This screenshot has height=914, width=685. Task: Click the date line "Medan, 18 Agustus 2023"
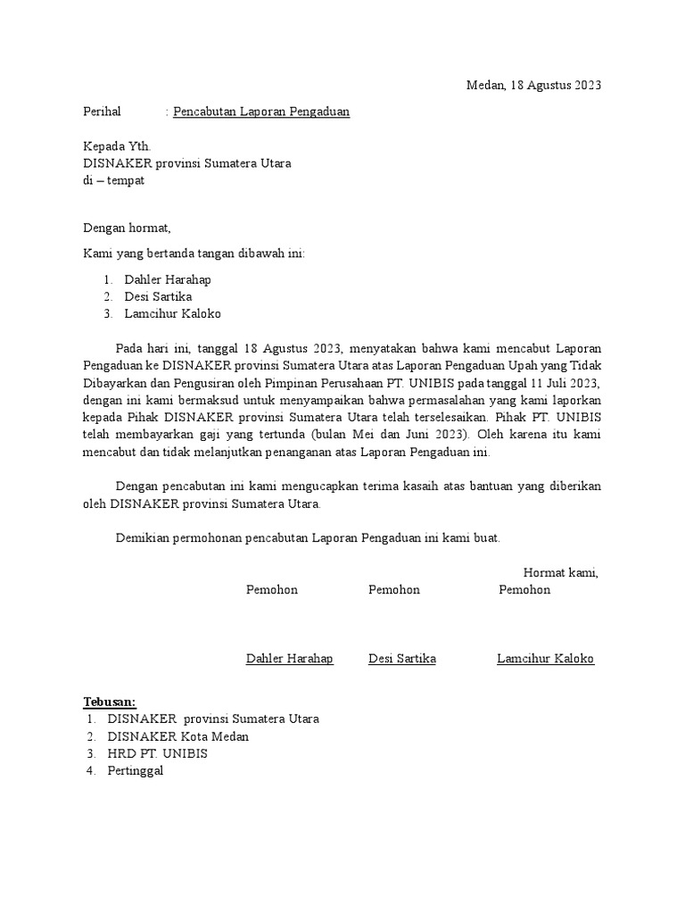tap(534, 86)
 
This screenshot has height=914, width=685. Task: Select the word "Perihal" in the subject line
tap(102, 112)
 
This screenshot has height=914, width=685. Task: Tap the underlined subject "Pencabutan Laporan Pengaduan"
tap(261, 112)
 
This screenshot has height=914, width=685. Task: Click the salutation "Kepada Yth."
tap(117, 146)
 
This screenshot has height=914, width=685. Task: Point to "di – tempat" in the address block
tap(113, 180)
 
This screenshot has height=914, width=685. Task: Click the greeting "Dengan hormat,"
tap(127, 228)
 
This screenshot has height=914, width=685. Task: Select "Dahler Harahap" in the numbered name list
tap(168, 279)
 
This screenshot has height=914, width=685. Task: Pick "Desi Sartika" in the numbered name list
tap(158, 296)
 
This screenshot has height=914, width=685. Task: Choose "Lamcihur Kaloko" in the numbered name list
tap(172, 313)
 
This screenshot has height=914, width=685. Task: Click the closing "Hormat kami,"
tap(560, 573)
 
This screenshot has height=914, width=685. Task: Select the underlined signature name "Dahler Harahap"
tap(290, 659)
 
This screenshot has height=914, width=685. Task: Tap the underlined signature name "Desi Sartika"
tap(402, 659)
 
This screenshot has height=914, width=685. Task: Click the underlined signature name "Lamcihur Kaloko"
tap(545, 659)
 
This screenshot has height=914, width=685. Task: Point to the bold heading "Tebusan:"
tap(110, 702)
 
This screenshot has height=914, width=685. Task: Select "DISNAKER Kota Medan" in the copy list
tap(178, 736)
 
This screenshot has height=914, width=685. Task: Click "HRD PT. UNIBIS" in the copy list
tap(158, 753)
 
